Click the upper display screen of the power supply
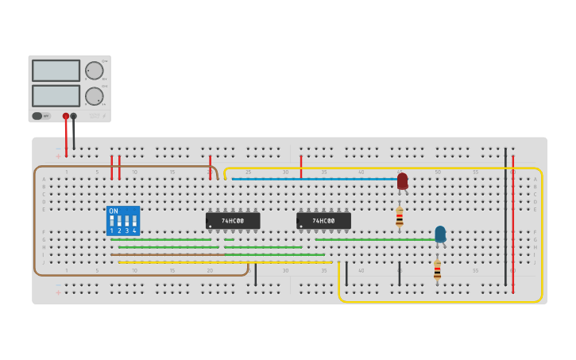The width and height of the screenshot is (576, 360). [56, 71]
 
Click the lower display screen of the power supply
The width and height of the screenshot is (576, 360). [56, 96]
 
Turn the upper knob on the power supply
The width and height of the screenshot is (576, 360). [95, 71]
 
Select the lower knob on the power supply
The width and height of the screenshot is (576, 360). [95, 96]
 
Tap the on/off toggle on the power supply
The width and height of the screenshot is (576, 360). [37, 116]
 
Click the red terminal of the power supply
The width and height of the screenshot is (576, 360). [66, 116]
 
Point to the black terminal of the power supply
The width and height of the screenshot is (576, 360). [74, 116]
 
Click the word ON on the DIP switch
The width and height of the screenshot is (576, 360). [114, 211]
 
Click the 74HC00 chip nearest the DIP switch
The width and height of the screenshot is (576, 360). [233, 221]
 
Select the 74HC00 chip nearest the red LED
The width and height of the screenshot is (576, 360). [323, 221]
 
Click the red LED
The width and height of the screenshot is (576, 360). [403, 181]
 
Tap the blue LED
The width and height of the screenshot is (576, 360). [440, 234]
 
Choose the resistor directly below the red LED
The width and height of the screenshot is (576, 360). [400, 216]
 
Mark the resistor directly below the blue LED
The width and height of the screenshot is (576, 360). [437, 269]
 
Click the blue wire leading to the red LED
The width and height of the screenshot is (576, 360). [318, 179]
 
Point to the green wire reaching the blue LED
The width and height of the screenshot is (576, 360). [373, 239]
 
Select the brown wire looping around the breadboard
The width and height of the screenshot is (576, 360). [34, 223]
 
